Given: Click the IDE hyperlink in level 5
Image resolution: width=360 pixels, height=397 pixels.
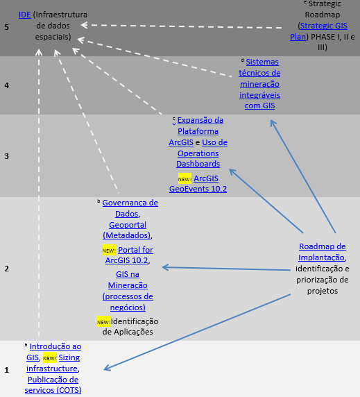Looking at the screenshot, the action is [25, 15].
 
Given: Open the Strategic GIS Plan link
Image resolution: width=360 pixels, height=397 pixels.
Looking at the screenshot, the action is [319, 31].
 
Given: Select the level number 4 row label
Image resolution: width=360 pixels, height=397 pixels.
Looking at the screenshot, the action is [6, 85].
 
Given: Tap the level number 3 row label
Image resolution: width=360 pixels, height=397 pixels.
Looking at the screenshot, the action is [6, 156].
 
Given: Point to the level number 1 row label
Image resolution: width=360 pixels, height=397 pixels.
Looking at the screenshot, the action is [6, 370].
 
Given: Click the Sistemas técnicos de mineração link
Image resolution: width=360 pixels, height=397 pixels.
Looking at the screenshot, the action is [259, 83].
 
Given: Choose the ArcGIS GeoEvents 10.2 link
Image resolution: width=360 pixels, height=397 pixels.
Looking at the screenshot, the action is [198, 183].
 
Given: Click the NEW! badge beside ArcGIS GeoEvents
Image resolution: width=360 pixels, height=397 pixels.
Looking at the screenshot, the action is [185, 178].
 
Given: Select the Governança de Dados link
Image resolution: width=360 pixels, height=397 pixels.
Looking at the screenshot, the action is [130, 208].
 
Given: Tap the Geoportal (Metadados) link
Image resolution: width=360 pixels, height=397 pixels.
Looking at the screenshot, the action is [127, 230].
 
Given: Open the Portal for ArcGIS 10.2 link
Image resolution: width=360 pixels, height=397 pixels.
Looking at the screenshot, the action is [129, 255].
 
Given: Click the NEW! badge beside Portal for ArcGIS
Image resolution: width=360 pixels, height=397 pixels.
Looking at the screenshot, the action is [109, 250].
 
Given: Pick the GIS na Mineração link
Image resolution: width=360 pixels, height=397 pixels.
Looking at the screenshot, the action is [128, 291].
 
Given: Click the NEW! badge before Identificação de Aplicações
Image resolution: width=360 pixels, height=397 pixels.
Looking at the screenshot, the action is [104, 321].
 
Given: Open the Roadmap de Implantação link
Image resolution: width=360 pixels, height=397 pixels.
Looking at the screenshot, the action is [322, 252].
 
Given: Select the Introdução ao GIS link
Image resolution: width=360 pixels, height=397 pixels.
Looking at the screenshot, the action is [54, 352].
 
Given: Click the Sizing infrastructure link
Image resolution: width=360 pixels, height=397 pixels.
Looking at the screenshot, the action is [53, 363].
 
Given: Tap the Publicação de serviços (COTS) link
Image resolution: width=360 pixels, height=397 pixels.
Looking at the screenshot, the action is [53, 385].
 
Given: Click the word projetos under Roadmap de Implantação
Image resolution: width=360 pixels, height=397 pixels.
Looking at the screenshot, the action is [323, 291].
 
